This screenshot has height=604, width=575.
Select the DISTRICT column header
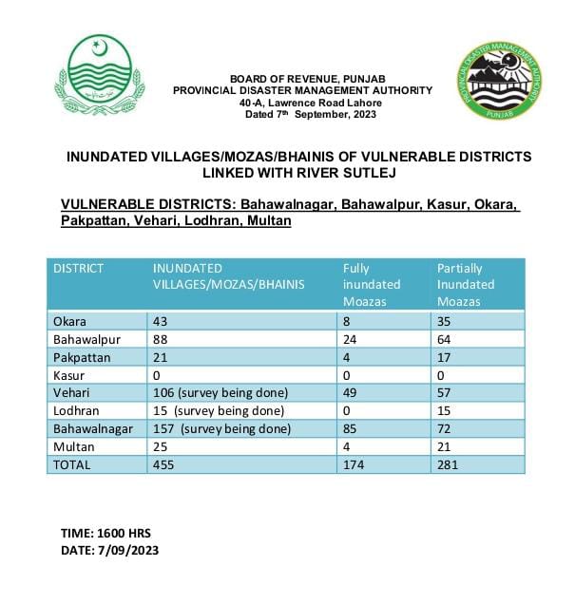[79, 269]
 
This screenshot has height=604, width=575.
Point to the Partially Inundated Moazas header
[466, 284]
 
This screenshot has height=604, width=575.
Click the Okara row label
[70, 322]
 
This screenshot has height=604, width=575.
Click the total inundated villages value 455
[164, 465]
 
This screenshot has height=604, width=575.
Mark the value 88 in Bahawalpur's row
[161, 338]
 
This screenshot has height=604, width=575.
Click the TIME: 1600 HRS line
[104, 533]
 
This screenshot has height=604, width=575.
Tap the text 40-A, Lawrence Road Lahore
[297, 103]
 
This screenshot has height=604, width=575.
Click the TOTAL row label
[72, 465]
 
